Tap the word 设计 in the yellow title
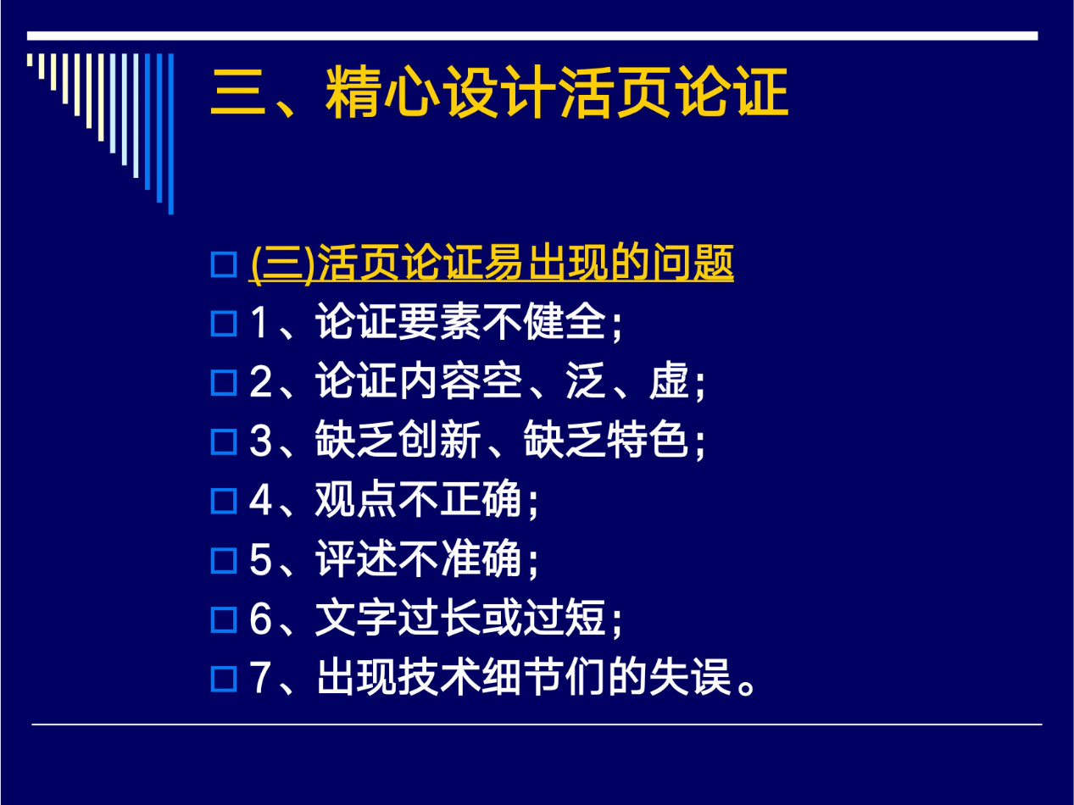tap(500, 92)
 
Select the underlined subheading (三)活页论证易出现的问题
tap(492, 264)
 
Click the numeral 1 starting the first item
tap(259, 322)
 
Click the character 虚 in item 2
tap(670, 380)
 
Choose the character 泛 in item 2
tap(586, 380)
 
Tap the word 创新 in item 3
tap(440, 440)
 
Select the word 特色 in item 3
tap(648, 440)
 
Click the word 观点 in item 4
tap(356, 499)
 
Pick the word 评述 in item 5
tap(356, 558)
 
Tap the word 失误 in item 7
tap(691, 677)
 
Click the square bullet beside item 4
tap(224, 501)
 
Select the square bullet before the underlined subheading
tap(224, 264)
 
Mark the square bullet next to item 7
tap(224, 679)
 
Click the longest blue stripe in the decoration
tap(170, 134)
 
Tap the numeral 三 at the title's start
tap(238, 92)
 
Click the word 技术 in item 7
tap(440, 677)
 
